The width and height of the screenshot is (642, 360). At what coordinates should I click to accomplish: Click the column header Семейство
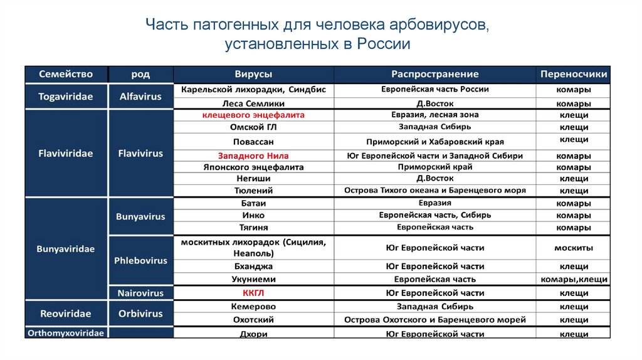(x=66, y=74)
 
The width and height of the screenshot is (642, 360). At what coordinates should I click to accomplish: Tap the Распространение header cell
(x=434, y=74)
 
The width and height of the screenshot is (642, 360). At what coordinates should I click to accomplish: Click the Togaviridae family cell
(x=66, y=97)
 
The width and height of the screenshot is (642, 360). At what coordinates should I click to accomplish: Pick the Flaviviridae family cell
(x=66, y=153)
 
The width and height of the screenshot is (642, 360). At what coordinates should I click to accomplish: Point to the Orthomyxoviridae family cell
(x=66, y=333)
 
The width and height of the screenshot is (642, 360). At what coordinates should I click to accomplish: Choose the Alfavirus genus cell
(x=140, y=97)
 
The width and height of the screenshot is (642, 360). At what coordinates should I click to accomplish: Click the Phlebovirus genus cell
(x=140, y=260)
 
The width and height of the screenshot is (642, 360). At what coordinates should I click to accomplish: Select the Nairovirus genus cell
(x=140, y=293)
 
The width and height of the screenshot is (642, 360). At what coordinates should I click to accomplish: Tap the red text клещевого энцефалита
(x=253, y=115)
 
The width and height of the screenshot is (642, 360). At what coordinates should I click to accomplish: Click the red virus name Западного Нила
(x=253, y=156)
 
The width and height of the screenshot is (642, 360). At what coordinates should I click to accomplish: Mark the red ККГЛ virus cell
(x=253, y=293)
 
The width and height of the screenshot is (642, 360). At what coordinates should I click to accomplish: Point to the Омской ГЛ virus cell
(x=253, y=127)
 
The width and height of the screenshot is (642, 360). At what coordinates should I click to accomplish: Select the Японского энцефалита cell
(x=253, y=167)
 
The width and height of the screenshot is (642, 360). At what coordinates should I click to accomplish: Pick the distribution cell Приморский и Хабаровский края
(x=434, y=142)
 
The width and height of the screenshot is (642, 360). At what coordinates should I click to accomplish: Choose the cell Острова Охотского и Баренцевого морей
(x=434, y=320)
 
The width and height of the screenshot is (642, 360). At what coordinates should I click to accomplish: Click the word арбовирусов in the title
(x=439, y=26)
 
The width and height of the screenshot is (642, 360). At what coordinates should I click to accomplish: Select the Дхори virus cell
(x=253, y=334)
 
